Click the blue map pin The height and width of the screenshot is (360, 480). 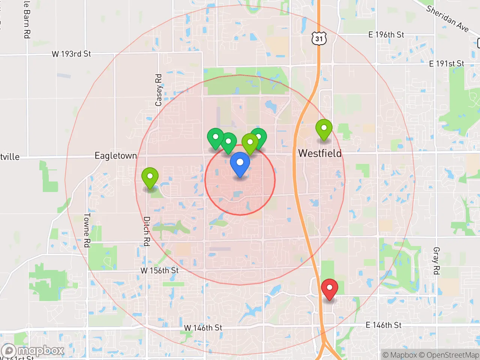click(240, 163)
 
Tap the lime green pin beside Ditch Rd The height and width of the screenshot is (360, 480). click(150, 177)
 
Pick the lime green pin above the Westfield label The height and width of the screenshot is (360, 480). click(324, 129)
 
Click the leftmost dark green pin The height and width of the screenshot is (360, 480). click(216, 138)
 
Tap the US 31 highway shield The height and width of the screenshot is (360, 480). click(319, 39)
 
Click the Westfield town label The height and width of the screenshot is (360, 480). click(319, 153)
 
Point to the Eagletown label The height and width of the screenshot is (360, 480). click(116, 156)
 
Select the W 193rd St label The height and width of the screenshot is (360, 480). click(71, 54)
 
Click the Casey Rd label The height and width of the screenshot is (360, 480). click(159, 90)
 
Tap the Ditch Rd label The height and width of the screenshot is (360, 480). click(147, 231)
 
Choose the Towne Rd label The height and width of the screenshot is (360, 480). click(87, 230)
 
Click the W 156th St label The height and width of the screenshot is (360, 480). click(159, 270)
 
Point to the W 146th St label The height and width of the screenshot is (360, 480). click(203, 328)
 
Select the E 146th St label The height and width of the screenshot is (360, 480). click(383, 325)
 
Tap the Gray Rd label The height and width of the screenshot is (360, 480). click(436, 261)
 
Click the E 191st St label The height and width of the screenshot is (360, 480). click(446, 64)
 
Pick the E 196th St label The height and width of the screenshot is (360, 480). click(386, 35)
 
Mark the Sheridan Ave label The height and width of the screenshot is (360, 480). click(447, 19)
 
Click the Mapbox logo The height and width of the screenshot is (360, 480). click(33, 351)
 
